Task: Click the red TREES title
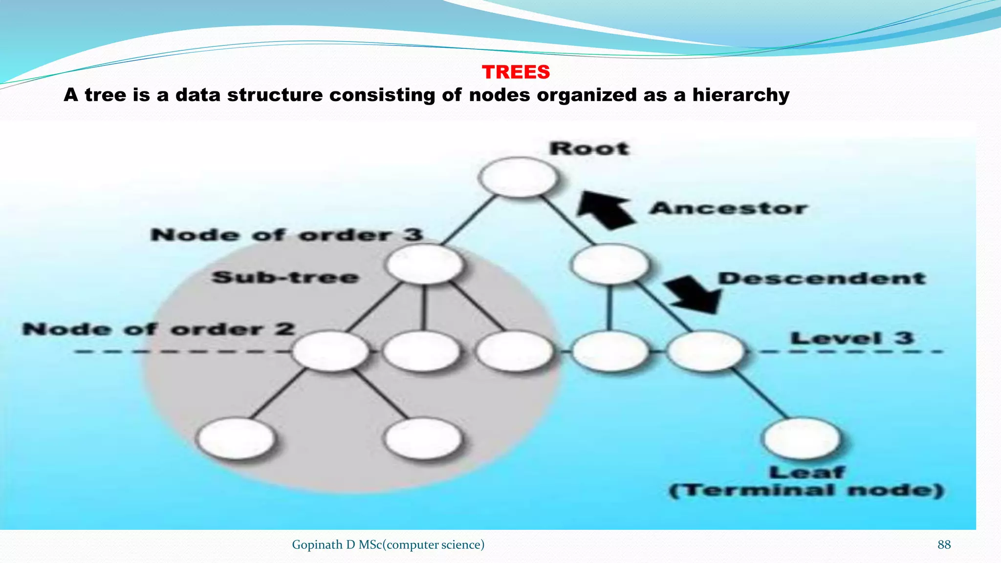point(516,72)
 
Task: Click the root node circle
point(518,177)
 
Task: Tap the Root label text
point(589,149)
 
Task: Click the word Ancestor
point(728,208)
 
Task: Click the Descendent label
point(822,279)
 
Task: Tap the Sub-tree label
point(285,278)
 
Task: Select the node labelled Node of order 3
point(424,264)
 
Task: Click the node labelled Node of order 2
point(330,351)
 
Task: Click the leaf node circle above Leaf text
point(802,438)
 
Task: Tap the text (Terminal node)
point(806,490)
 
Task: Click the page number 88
point(944,544)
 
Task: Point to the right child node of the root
point(610,264)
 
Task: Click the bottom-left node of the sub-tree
point(236,438)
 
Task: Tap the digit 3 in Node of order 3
point(413,235)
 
